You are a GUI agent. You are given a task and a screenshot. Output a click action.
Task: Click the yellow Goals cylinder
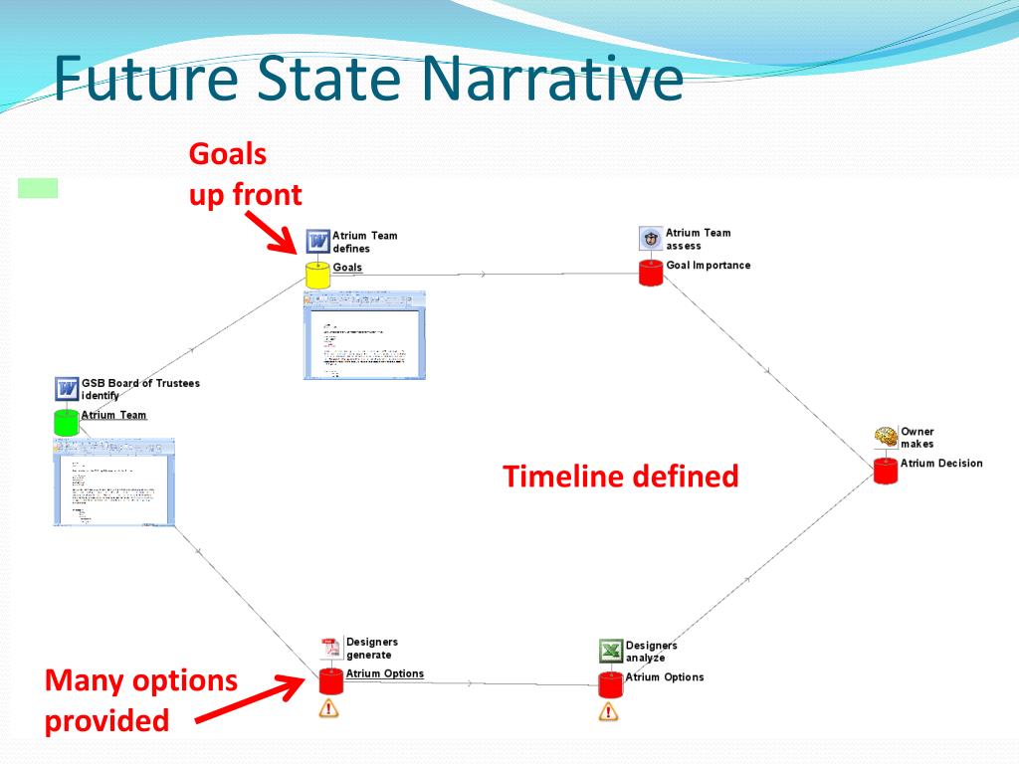pos(317,276)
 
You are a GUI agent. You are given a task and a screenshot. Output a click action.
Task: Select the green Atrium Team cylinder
pos(66,421)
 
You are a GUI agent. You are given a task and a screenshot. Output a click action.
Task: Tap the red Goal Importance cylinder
pos(650,273)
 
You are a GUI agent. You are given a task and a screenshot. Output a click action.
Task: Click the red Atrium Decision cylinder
pos(886,471)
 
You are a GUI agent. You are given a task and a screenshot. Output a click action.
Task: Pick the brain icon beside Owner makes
pos(886,437)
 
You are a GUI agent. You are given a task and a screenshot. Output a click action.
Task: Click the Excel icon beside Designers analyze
pos(611,652)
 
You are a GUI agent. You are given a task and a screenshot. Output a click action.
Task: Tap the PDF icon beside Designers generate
pos(330,648)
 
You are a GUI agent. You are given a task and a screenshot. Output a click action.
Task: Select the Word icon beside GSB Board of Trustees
pos(67,388)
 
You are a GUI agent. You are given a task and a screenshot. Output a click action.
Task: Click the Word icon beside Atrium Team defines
pos(318,241)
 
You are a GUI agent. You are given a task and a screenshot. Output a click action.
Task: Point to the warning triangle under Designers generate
pos(328,709)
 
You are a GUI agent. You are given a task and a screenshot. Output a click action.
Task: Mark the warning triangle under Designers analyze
pos(608,711)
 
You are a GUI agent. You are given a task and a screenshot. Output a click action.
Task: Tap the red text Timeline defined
pos(621,477)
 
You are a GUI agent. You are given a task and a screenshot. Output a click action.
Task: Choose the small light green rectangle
pos(38,188)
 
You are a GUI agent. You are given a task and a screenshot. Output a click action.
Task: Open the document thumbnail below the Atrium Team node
pos(113,481)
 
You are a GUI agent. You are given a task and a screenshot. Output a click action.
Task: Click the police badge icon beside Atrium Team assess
pos(651,238)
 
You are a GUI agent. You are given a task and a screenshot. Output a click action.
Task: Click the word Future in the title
pos(144,79)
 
